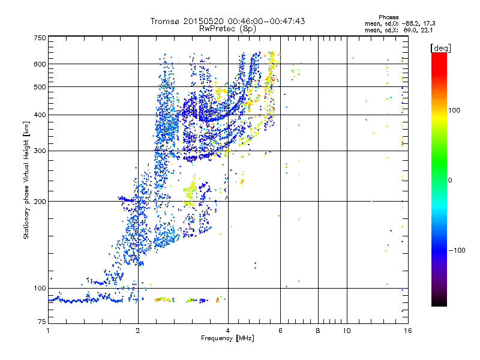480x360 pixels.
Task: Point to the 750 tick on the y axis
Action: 40,38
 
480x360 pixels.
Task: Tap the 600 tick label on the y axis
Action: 40,64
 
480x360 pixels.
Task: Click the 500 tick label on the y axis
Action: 40,87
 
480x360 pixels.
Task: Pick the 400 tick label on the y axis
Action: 40,115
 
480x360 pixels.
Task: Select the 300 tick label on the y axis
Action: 40,151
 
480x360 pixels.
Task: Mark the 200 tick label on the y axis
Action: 40,202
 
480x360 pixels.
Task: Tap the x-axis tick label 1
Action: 48,331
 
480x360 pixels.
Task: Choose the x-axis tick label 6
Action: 280,331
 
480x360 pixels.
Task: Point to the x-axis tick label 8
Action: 318,331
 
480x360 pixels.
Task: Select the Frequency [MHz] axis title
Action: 227,339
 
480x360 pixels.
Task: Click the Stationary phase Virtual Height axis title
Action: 26,180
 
